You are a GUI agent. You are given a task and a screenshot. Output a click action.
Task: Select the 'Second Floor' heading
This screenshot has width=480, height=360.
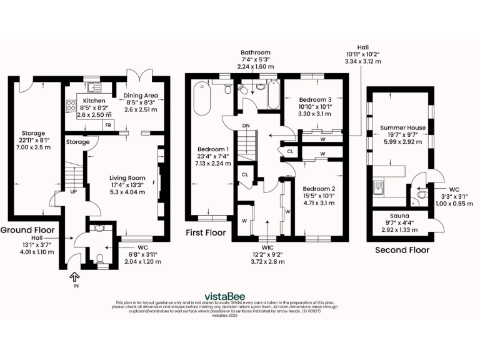point(402,250)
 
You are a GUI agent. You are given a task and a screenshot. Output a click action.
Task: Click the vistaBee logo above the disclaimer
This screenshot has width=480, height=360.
point(225,296)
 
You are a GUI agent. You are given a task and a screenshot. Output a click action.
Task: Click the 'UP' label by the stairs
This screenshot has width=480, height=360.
point(73,191)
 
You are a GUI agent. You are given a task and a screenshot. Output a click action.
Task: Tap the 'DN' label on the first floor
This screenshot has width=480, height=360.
point(246,126)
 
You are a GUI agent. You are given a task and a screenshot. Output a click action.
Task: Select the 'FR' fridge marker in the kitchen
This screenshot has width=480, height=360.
point(108,125)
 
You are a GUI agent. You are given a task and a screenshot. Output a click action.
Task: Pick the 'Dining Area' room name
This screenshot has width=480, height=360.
point(142,96)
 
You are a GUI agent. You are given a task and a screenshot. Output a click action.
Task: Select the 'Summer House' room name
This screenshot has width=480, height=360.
point(402,127)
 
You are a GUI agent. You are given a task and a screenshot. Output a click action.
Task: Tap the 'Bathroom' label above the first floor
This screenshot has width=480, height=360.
point(257,52)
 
